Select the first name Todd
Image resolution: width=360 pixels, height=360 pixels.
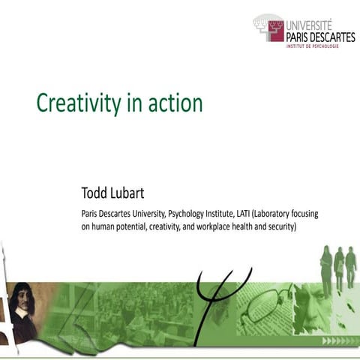(x=97, y=193)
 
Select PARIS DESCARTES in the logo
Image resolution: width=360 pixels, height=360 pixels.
(x=320, y=37)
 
